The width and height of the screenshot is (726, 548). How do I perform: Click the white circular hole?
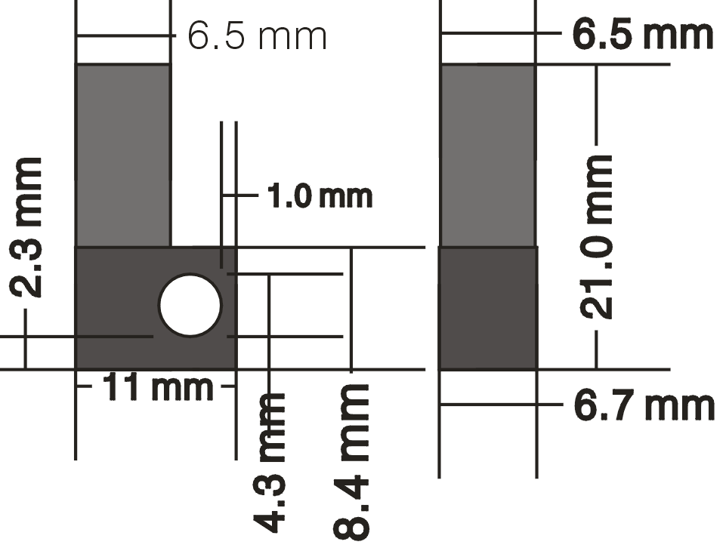[190, 305]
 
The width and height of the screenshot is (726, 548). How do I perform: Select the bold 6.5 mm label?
[642, 34]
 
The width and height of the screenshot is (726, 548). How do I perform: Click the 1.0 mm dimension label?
[320, 196]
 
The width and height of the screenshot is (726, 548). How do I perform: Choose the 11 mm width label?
[158, 387]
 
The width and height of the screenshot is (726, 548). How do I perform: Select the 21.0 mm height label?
[596, 237]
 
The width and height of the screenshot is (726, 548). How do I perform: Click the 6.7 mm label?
[644, 406]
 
